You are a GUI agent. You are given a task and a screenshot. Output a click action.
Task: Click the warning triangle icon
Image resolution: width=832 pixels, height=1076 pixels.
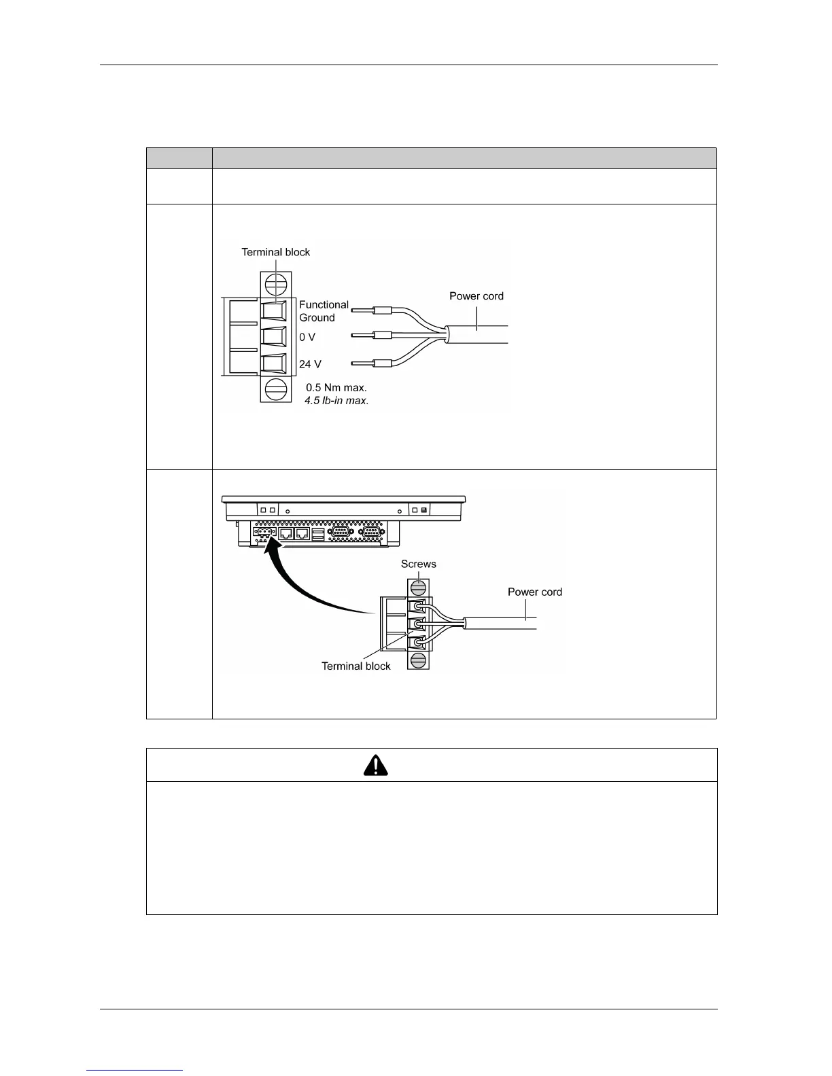(x=376, y=765)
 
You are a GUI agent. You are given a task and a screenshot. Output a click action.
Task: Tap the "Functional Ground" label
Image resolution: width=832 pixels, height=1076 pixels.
(x=324, y=311)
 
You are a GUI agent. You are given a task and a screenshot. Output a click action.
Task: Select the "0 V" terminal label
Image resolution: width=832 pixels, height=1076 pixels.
(x=307, y=337)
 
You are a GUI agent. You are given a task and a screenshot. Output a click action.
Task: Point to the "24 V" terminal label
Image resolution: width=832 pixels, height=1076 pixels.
(x=310, y=364)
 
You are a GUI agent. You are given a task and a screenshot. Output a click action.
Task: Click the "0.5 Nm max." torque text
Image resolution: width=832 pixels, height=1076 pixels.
(x=336, y=387)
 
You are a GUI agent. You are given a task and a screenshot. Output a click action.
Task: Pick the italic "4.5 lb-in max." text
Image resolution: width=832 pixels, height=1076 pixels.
(x=336, y=401)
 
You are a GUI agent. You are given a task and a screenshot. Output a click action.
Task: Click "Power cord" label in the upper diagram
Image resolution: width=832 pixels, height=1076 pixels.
(x=476, y=296)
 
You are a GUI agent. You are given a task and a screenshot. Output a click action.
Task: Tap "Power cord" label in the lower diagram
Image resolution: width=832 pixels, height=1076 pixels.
(x=535, y=592)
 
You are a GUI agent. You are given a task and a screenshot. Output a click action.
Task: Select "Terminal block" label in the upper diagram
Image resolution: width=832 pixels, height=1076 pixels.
(x=276, y=252)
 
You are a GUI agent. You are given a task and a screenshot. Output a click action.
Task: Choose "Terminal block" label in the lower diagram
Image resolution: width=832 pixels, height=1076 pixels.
(x=356, y=666)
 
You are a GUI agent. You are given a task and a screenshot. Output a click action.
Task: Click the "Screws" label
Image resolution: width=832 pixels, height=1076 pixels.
(x=419, y=564)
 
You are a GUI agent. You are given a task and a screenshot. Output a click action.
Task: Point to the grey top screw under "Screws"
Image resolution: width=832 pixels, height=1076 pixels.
(x=419, y=586)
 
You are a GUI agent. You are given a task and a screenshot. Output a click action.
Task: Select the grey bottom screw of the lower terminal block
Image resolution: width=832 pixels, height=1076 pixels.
(x=419, y=660)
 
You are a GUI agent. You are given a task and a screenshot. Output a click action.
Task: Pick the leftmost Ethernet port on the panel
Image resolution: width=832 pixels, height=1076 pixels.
(x=286, y=533)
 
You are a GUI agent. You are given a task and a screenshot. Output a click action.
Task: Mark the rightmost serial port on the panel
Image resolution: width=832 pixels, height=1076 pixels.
(x=372, y=533)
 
